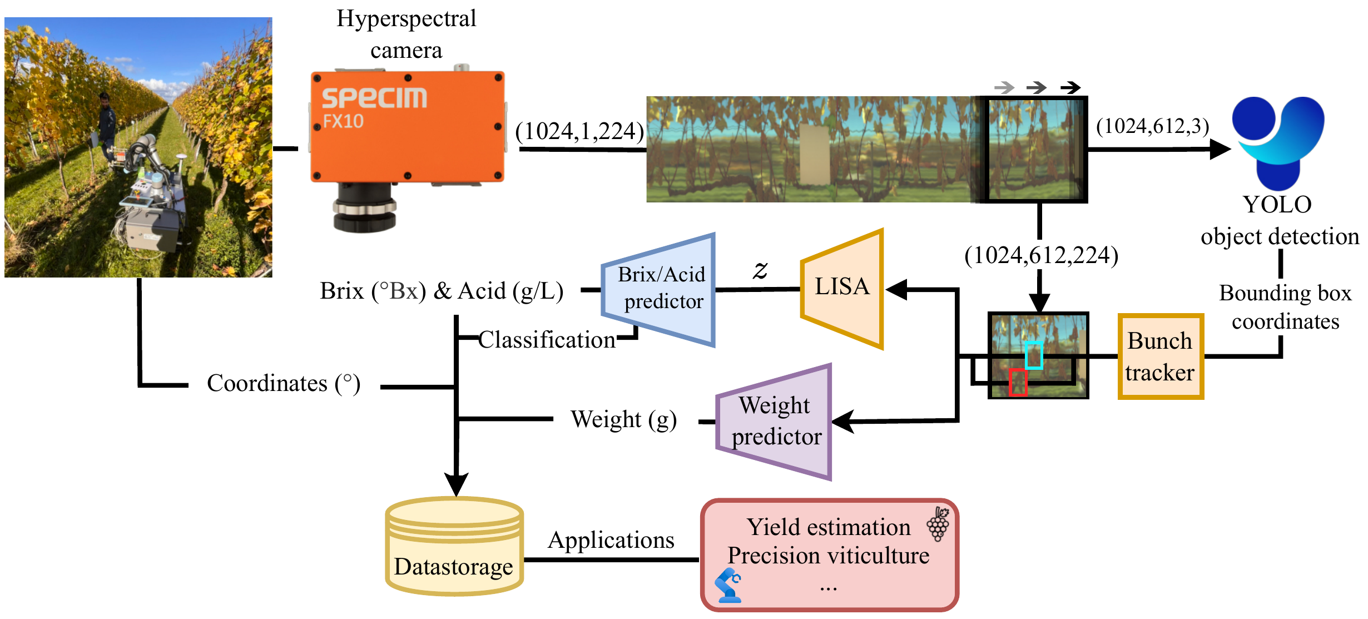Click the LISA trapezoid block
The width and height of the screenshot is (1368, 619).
(842, 288)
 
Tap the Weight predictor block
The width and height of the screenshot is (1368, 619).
(775, 422)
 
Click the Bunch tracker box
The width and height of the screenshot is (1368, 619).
(1160, 356)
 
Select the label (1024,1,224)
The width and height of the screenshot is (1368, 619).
(579, 132)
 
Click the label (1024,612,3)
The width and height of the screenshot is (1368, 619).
(1152, 126)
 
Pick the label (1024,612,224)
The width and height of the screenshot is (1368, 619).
(1041, 255)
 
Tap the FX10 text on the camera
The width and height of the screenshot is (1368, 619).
(343, 121)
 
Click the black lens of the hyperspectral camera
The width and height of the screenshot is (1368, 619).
(364, 209)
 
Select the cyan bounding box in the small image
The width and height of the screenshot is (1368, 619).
(1033, 355)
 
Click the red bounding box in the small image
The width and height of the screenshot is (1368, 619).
(1018, 382)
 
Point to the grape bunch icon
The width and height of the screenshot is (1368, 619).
(938, 524)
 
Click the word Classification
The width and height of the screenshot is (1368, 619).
(547, 340)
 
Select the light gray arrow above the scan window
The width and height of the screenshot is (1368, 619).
(1004, 87)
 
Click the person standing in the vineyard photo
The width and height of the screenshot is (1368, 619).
(106, 123)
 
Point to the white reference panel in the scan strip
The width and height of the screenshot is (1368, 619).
(815, 154)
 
